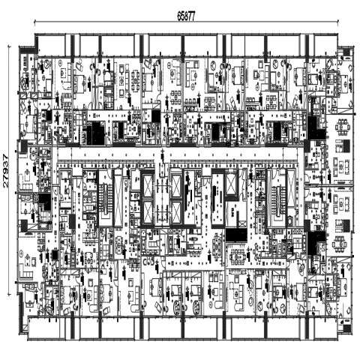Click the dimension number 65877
click(186, 16)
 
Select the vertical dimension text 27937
click(5, 171)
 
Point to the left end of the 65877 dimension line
click(34, 22)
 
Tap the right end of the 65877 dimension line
click(338, 22)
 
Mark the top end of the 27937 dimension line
click(9, 46)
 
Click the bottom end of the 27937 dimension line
click(9, 295)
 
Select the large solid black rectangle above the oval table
click(236, 235)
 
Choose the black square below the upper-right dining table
click(346, 146)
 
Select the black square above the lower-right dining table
click(346, 225)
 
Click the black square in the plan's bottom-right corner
click(347, 328)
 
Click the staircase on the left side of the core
click(105, 198)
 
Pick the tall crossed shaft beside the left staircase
click(118, 198)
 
